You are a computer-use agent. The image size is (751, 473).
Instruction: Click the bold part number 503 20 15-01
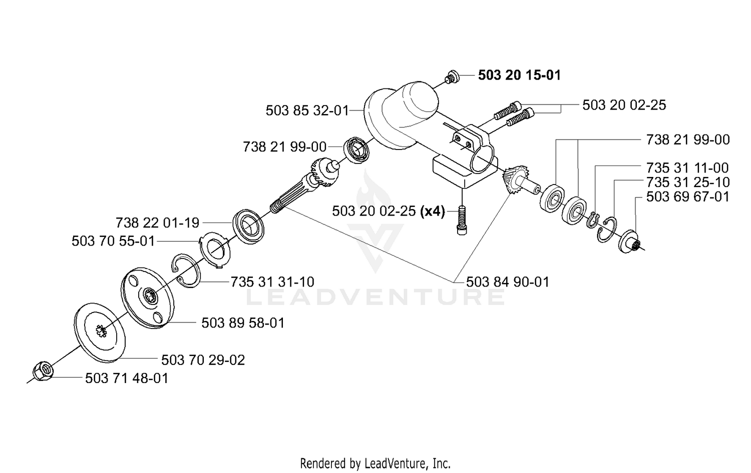tap(519, 75)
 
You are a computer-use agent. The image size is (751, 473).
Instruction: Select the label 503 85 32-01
tap(307, 110)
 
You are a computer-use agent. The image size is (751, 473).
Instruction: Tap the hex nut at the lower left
tap(43, 371)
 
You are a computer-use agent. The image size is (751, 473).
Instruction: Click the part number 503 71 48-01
tap(126, 378)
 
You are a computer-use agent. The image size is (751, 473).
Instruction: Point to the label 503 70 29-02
tap(203, 360)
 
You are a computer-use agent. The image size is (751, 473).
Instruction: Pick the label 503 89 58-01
tap(243, 323)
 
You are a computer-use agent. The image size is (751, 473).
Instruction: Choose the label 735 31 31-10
tap(272, 282)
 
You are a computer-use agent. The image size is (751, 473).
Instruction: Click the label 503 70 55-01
tap(113, 241)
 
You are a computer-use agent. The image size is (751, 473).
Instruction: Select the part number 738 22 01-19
tap(157, 222)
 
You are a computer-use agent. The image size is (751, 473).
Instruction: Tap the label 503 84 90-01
tap(508, 282)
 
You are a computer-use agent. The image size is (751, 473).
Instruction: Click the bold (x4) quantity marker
tap(433, 211)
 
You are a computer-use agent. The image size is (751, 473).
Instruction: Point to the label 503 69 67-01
tap(687, 197)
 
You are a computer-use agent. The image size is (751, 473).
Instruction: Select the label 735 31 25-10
tap(687, 182)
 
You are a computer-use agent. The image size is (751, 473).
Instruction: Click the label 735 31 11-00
tap(687, 167)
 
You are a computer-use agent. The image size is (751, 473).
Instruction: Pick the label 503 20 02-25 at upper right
tap(624, 105)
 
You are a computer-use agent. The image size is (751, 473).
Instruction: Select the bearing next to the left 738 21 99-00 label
tap(356, 150)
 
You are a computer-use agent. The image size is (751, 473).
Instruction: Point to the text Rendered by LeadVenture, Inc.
tap(375, 463)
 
